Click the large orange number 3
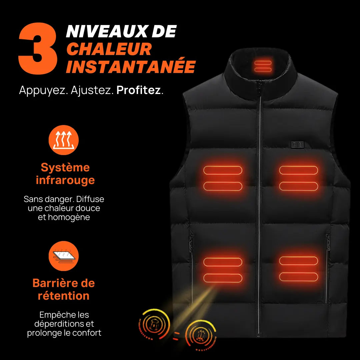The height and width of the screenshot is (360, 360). click(38, 48)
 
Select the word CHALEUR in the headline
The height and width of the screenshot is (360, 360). click(109, 49)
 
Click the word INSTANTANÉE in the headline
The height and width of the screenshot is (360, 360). click(131, 67)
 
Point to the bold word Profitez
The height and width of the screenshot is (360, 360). click(138, 90)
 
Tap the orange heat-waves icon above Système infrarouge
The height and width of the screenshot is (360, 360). click(64, 140)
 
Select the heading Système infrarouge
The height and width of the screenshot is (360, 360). click(65, 174)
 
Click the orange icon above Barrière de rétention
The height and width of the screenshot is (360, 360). click(64, 256)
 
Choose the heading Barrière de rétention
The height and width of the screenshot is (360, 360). click(64, 289)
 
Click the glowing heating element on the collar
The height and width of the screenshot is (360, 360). click(263, 66)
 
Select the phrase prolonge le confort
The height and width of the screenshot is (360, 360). click(64, 333)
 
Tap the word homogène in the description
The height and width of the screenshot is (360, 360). click(69, 217)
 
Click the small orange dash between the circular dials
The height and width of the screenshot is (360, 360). click(177, 333)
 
